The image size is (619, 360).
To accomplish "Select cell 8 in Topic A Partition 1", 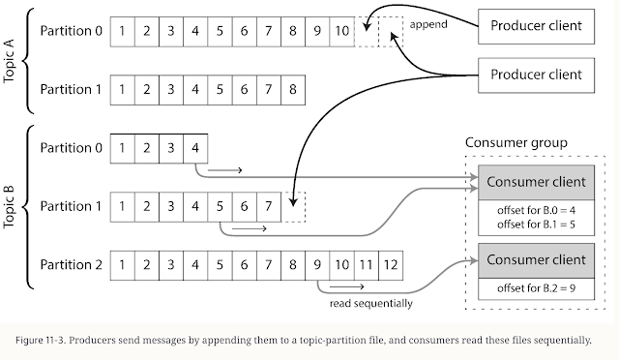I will (x=293, y=89).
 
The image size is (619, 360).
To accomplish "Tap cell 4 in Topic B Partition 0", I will (x=196, y=148).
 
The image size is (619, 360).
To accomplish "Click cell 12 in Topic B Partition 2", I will (x=390, y=263).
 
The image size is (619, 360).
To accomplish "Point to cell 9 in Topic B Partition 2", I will (x=317, y=263).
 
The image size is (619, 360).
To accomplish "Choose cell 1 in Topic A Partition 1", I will (x=123, y=89).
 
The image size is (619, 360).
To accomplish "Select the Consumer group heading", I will (x=517, y=142).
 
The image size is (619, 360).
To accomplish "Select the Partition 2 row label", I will (x=71, y=263).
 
